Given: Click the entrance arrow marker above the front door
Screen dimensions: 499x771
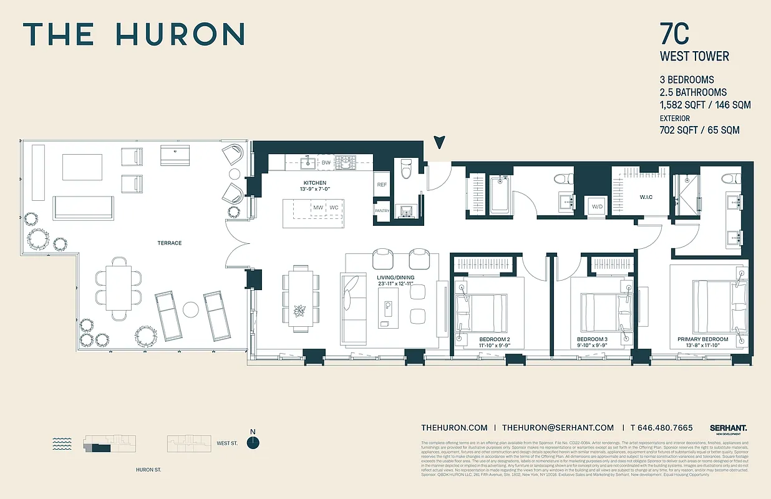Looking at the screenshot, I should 440,142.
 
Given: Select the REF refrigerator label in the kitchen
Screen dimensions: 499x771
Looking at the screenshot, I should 381,185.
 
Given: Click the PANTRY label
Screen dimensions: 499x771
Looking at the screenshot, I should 381,211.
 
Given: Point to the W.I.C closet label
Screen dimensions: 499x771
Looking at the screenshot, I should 646,198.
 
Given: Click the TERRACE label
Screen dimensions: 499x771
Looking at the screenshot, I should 169,243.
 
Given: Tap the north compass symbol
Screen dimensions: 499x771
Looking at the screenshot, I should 253,442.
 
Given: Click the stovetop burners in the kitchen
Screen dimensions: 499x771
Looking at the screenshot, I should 345,162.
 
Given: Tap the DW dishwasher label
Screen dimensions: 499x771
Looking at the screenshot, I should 326,163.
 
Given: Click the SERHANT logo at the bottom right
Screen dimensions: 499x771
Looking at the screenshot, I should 728,429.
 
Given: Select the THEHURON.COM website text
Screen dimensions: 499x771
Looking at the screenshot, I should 454,427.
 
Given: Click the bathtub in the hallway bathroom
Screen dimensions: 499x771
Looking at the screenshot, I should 500,195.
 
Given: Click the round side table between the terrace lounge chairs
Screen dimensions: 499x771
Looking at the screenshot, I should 192,309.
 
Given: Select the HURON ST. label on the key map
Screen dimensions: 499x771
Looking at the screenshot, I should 148,470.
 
